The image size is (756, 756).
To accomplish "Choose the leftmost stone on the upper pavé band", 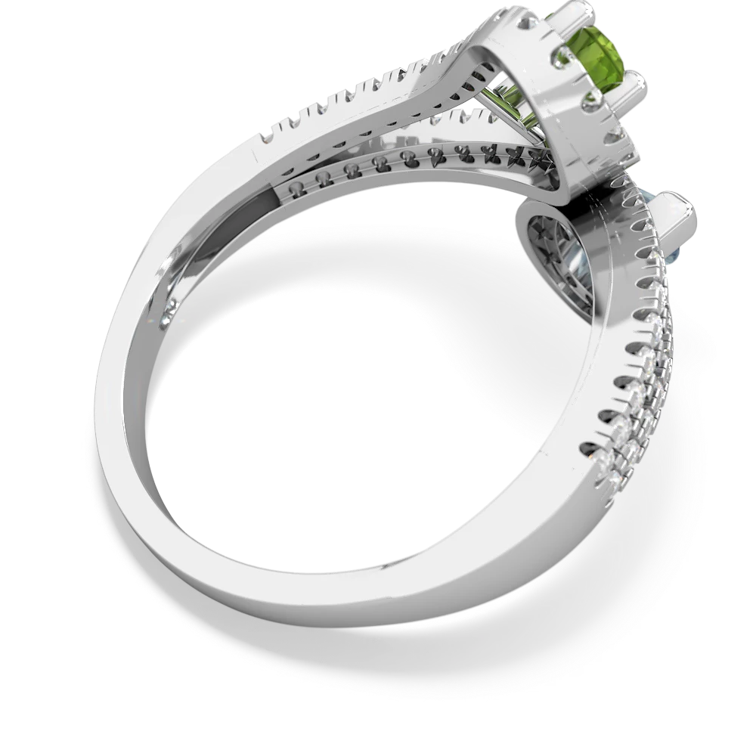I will click(x=265, y=138).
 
